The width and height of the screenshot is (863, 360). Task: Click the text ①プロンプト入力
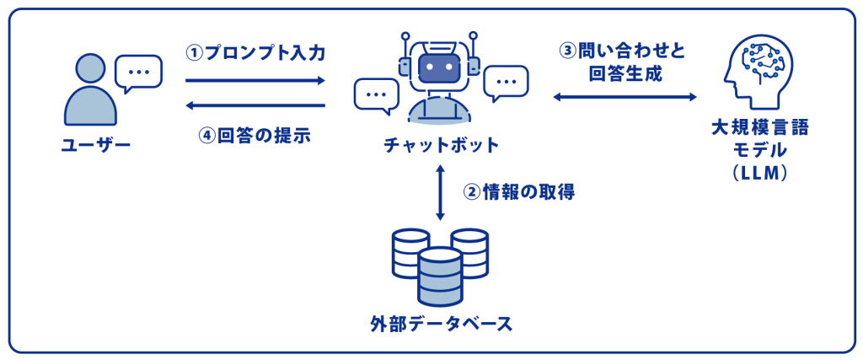pos(255,52)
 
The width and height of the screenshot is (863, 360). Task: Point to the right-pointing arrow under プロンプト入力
pos(255,80)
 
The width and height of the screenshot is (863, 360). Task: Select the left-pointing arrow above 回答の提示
pos(255,105)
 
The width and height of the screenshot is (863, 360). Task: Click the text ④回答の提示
pos(255,136)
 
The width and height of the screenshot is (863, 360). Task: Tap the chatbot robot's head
pos(440,68)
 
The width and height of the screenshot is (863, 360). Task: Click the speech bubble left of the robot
pos(376,95)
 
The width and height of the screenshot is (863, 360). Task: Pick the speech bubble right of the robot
pos(506,83)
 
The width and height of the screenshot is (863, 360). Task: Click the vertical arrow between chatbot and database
pos(440,193)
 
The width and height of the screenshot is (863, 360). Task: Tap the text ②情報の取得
pos(519,192)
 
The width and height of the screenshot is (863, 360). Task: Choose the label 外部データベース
pos(441,324)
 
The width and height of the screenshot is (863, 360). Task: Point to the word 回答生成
pos(624,73)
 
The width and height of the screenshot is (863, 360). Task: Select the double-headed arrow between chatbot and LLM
pos(624,98)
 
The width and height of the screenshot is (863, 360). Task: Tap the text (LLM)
pos(759,173)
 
